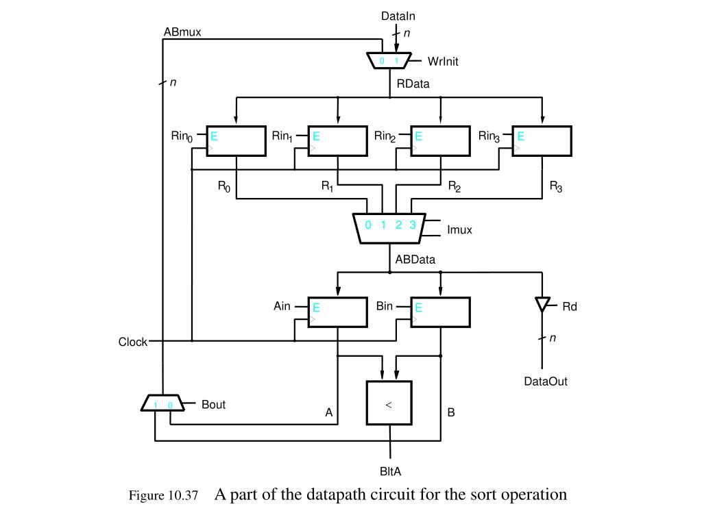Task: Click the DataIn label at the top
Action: click(x=398, y=15)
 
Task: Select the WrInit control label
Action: click(x=443, y=61)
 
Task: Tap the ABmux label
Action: click(x=182, y=32)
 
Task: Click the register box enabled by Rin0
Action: click(x=236, y=141)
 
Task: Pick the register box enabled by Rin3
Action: click(x=542, y=141)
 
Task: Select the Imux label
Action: click(x=459, y=230)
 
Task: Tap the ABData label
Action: click(x=415, y=260)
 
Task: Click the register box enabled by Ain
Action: click(x=337, y=312)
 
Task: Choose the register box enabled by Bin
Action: click(x=440, y=312)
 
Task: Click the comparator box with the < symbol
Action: click(x=389, y=404)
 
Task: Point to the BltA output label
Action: click(x=390, y=471)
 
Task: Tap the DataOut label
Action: click(x=546, y=381)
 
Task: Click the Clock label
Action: click(x=133, y=342)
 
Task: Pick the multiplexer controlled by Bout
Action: click(x=162, y=403)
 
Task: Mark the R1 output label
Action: click(x=327, y=185)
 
